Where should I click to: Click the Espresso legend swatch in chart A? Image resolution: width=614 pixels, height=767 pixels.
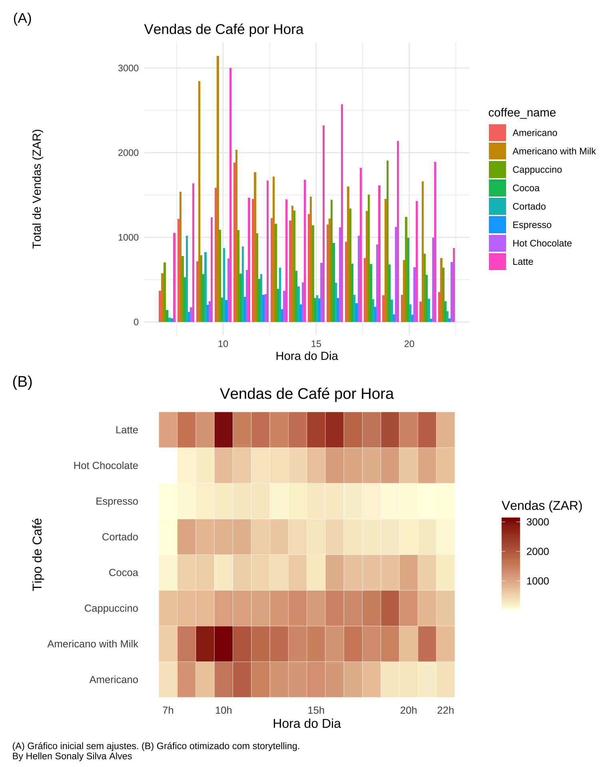[497, 225]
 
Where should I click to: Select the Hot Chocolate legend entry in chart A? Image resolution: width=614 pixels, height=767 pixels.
[542, 243]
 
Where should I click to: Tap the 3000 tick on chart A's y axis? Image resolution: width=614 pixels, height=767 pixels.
[128, 68]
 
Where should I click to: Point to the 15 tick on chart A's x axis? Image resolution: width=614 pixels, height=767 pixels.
[316, 344]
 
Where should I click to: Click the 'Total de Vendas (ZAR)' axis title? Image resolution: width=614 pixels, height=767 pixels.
[37, 189]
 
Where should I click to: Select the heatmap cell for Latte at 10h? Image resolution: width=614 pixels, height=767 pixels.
[223, 430]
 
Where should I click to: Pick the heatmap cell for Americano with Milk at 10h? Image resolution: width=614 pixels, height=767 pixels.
[223, 644]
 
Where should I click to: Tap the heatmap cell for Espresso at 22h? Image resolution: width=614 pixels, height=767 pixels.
[445, 501]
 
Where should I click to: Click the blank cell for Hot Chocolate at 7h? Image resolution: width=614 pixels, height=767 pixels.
[168, 465]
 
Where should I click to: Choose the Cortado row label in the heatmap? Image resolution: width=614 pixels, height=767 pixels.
[120, 537]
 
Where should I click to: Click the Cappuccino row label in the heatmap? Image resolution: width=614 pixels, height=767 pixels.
[111, 608]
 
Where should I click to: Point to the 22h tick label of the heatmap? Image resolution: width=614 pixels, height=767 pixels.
[445, 710]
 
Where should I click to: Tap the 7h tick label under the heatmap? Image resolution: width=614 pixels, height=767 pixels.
[168, 710]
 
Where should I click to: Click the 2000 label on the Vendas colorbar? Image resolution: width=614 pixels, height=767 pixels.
[538, 552]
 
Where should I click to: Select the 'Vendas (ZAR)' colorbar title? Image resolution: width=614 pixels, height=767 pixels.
[542, 506]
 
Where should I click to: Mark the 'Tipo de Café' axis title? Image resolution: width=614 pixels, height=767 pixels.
[37, 554]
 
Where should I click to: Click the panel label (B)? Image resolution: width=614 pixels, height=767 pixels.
[22, 382]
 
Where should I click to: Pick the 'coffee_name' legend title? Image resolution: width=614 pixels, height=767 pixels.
[522, 113]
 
